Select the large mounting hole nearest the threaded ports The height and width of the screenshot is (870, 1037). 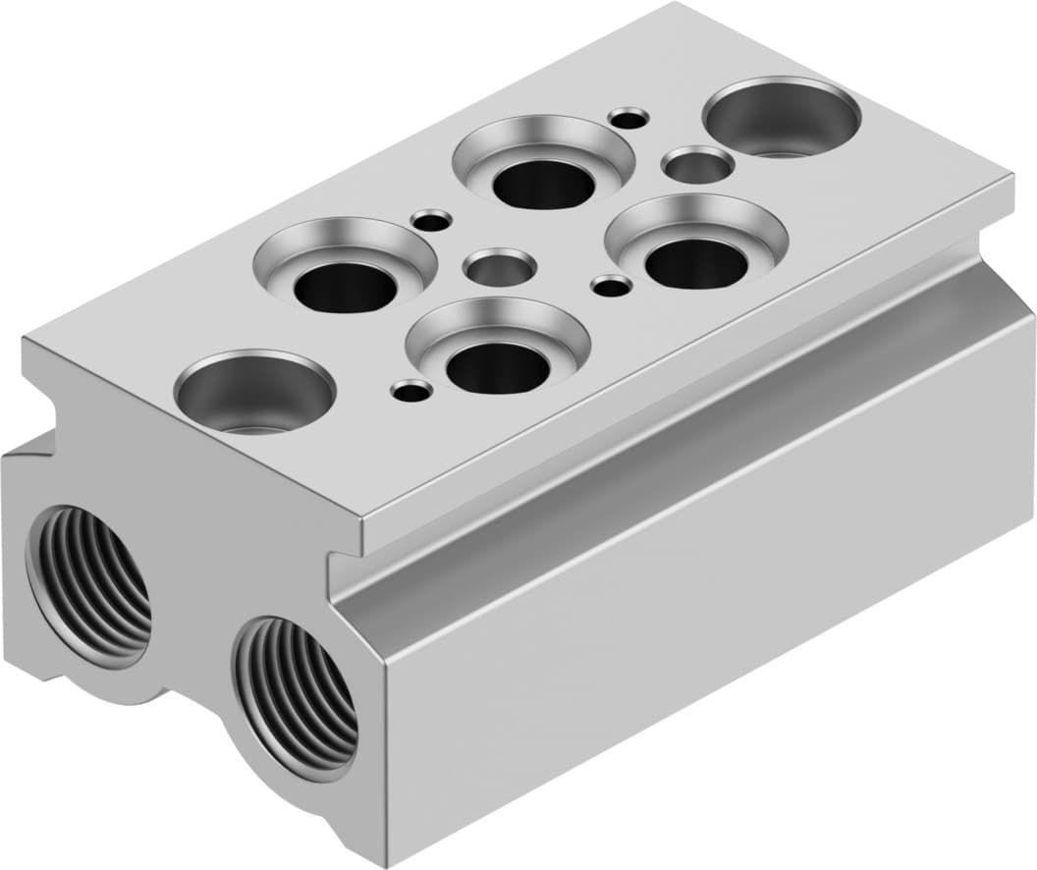tap(254, 392)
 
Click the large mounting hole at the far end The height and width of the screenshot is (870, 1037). tap(782, 118)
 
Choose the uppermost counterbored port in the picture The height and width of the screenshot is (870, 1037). tap(543, 172)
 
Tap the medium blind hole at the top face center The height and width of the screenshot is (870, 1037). tap(500, 266)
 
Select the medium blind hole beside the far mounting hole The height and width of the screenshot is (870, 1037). tap(697, 164)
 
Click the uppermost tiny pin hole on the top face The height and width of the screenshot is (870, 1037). tap(628, 118)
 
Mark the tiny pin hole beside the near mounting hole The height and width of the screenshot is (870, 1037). tap(411, 392)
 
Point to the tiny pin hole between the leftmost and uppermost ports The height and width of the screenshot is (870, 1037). tap(432, 220)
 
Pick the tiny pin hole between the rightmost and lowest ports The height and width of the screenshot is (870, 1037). tap(612, 286)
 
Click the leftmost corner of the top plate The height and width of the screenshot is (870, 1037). tap(24, 339)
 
